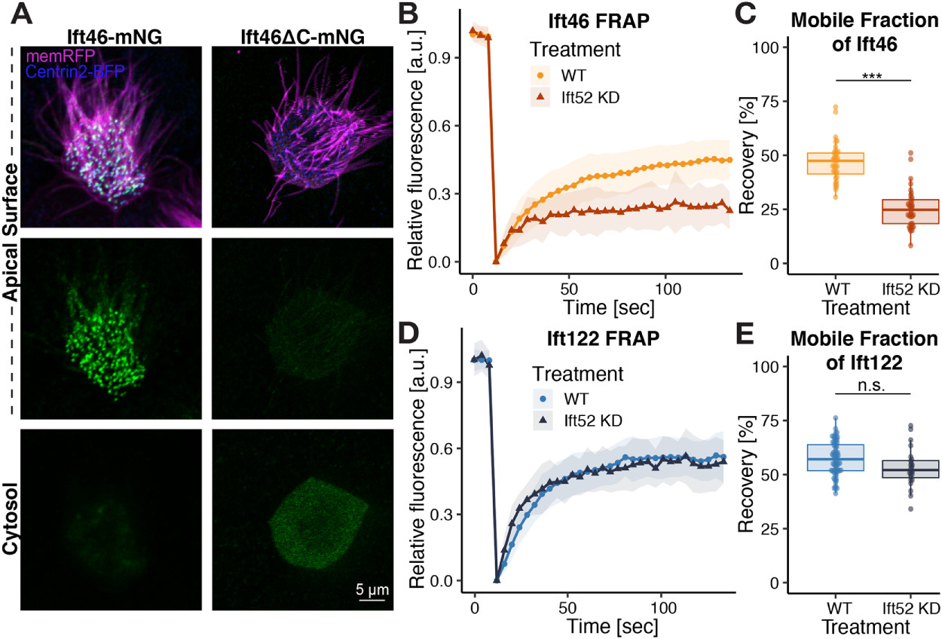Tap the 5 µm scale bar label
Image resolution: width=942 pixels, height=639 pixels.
click(373, 587)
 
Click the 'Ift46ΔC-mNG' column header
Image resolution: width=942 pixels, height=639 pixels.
click(301, 37)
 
